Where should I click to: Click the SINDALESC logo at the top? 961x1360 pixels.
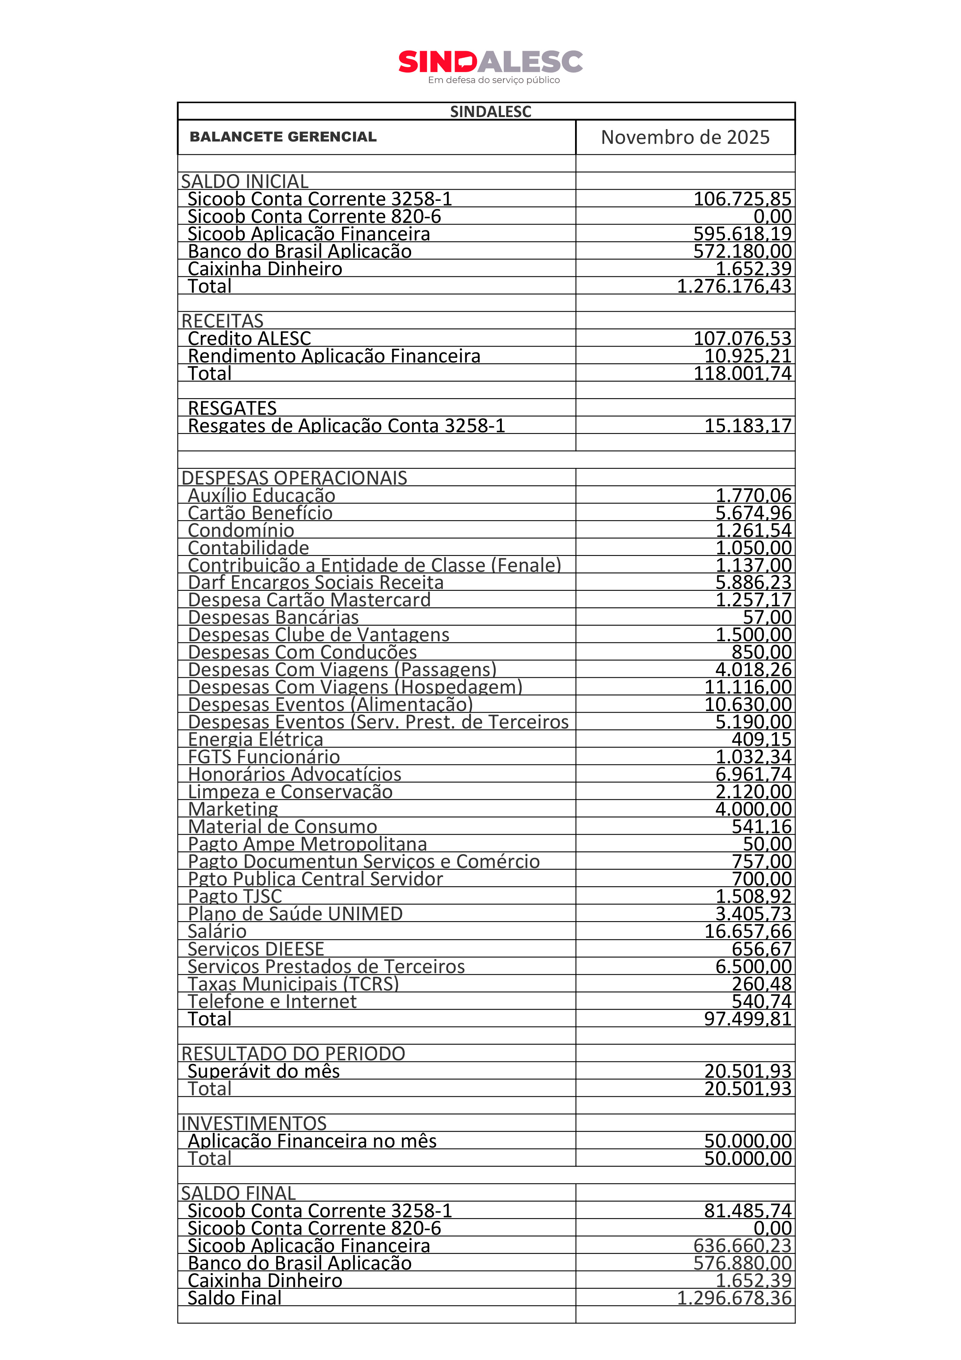tap(490, 62)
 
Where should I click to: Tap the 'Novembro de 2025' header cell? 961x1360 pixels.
tap(685, 137)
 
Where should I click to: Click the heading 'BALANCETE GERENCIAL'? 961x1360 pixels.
tap(283, 137)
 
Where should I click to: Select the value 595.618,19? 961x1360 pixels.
tap(742, 234)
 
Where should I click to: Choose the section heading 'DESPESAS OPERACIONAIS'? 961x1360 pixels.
tap(294, 478)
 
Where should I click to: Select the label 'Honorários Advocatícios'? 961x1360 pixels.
tap(294, 775)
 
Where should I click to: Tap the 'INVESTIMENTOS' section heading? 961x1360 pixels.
tap(254, 1124)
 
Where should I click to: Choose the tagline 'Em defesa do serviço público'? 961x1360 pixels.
tap(494, 80)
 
